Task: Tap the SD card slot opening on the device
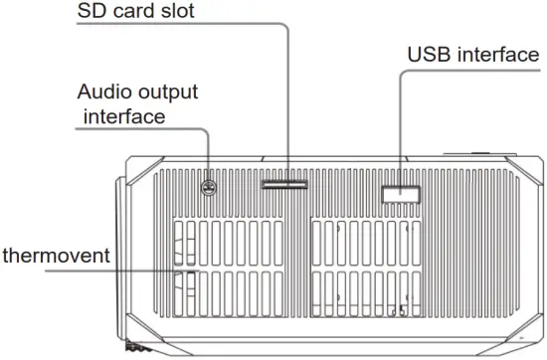point(285,184)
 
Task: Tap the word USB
point(429,54)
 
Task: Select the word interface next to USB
point(499,54)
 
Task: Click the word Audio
point(102,91)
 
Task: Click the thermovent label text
point(56,256)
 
